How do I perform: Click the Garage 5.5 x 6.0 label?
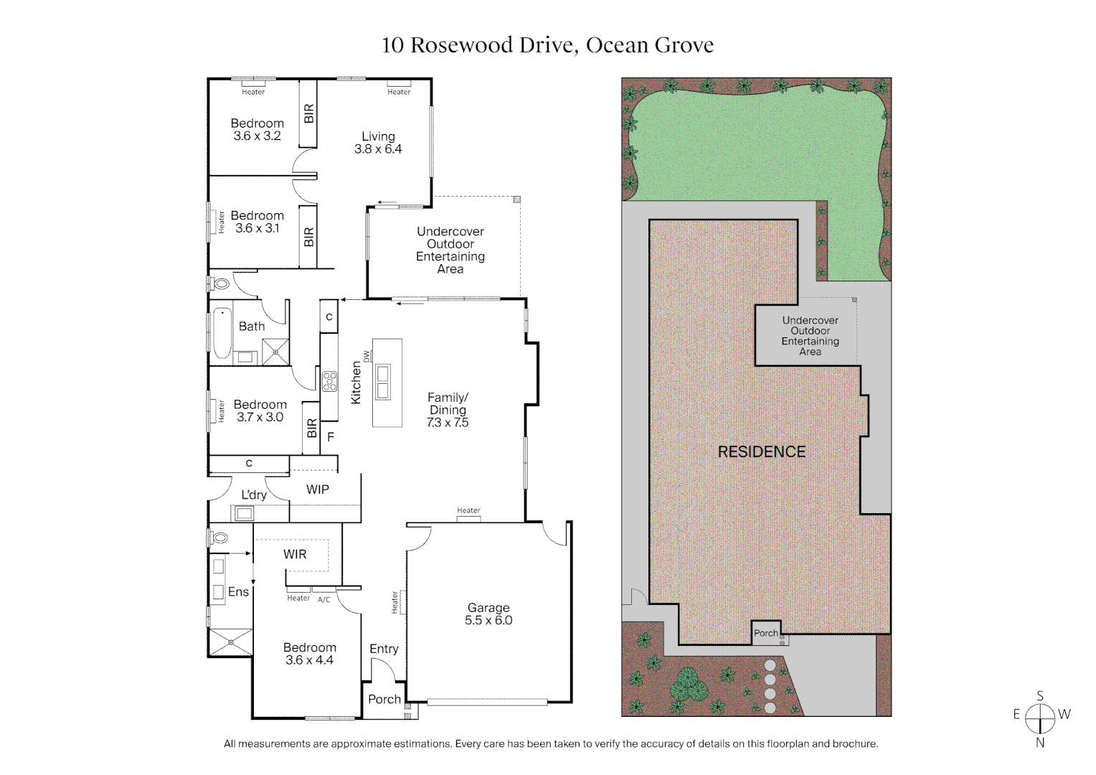click(x=488, y=614)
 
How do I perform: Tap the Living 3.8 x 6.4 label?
click(x=378, y=143)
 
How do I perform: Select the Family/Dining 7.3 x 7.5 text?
click(x=448, y=410)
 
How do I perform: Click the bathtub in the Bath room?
click(x=222, y=333)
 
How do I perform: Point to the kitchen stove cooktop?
click(x=329, y=381)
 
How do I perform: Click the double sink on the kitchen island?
click(x=383, y=382)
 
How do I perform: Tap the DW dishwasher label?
click(x=367, y=356)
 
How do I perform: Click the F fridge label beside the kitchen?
click(x=331, y=436)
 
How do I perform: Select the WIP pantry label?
click(x=318, y=489)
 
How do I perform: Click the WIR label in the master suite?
click(x=295, y=554)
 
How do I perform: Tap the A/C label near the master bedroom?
click(x=324, y=600)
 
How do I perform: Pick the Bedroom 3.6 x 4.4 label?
click(x=309, y=654)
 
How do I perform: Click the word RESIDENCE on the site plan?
click(x=762, y=451)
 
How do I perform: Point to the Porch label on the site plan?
click(x=765, y=633)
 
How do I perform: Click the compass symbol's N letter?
click(x=1040, y=743)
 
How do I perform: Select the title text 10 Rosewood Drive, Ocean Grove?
click(x=547, y=44)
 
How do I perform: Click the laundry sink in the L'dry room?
click(x=243, y=513)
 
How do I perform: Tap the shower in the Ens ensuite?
click(x=230, y=642)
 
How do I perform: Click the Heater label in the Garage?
click(x=395, y=602)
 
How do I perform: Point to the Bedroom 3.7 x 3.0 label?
click(x=260, y=410)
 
